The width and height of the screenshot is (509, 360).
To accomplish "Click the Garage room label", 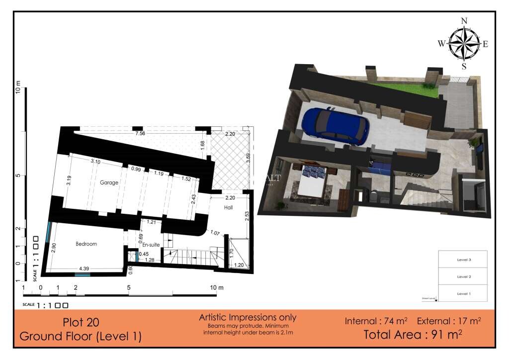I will tap(109, 182).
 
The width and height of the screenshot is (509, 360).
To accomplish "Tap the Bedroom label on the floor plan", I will tap(86, 244).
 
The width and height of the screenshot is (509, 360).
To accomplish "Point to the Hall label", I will tap(228, 208).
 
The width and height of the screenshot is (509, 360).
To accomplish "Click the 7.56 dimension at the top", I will tap(141, 133).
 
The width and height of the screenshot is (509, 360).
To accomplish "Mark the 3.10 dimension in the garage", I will tap(95, 162).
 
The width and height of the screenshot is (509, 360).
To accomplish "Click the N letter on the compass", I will tap(464, 20).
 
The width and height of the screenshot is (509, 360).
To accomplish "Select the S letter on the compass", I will tap(464, 66).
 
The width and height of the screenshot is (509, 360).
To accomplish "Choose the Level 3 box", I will tap(463, 260).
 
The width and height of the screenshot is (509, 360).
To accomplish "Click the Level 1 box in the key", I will tap(463, 294).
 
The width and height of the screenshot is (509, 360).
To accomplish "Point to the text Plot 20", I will tap(80, 321).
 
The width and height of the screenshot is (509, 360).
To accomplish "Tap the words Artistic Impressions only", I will tap(248, 317).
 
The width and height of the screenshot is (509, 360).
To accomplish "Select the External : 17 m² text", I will tap(449, 321).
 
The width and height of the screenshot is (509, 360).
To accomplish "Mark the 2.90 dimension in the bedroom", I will tap(54, 249).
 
